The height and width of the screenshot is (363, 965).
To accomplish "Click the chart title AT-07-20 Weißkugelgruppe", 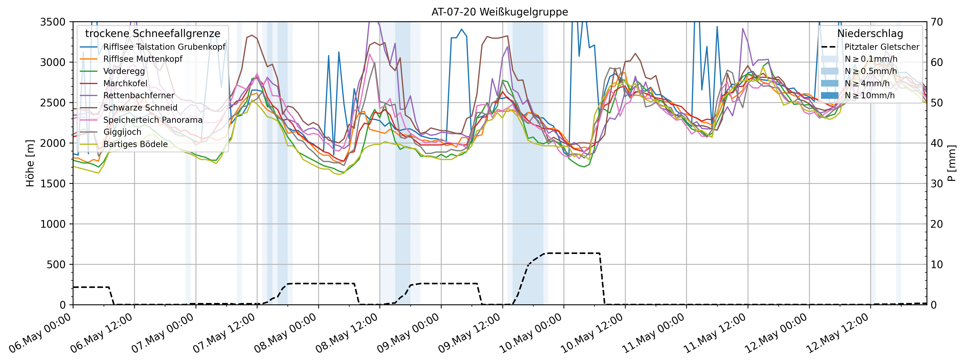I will pyautogui.click(x=499, y=12).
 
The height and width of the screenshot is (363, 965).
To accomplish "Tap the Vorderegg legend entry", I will pyautogui.click(x=124, y=71).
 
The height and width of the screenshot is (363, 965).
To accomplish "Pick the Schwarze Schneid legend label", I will pyautogui.click(x=140, y=108).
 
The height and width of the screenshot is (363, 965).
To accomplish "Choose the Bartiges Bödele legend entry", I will pyautogui.click(x=135, y=144).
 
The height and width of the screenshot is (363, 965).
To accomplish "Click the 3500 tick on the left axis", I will pyautogui.click(x=53, y=22).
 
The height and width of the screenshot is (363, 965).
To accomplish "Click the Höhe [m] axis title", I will pyautogui.click(x=30, y=163).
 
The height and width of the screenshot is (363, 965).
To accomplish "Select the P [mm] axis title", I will pyautogui.click(x=952, y=163).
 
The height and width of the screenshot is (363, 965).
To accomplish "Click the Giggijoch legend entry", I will pyautogui.click(x=122, y=132).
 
